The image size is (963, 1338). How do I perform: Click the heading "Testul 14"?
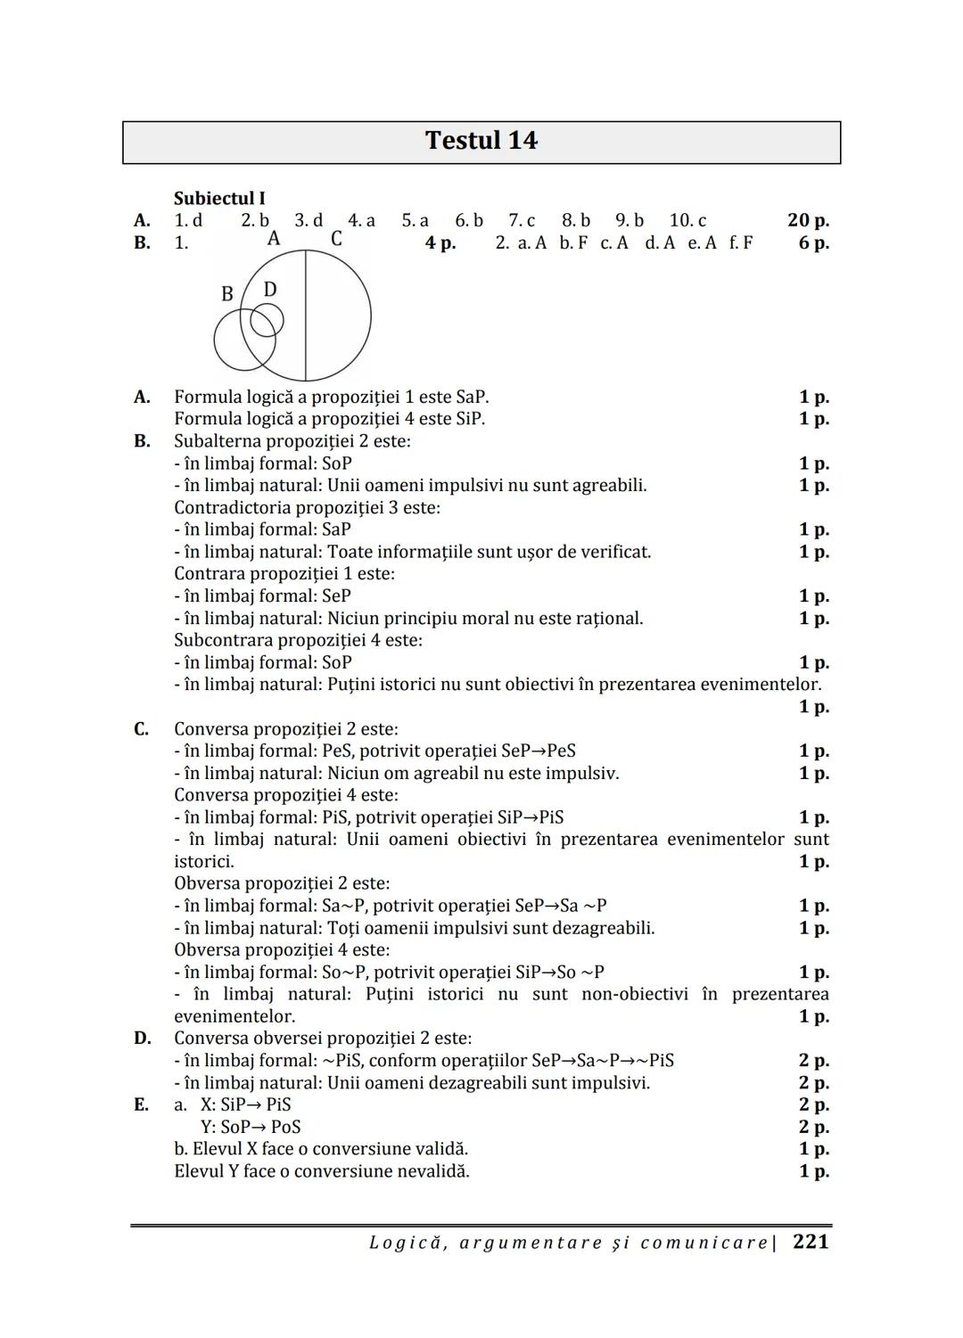tap(481, 141)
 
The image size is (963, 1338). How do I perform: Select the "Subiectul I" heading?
tap(219, 198)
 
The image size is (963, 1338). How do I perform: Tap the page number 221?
tap(811, 1242)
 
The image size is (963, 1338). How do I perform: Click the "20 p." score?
tap(808, 220)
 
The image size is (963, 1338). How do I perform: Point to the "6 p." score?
tap(813, 242)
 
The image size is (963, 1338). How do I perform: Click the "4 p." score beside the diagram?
tap(440, 242)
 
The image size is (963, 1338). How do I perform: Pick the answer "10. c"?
tap(687, 220)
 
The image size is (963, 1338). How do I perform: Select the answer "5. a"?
tap(415, 220)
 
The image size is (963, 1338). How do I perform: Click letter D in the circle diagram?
tap(270, 290)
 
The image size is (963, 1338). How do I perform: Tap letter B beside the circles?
tap(227, 294)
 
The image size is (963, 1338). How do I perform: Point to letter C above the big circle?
tap(336, 239)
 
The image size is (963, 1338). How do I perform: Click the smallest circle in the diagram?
tap(267, 320)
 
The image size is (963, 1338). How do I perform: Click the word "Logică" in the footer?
tap(404, 1243)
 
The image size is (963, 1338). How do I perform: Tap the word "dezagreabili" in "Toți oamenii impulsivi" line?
tap(597, 928)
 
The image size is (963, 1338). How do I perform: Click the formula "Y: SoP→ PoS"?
tap(251, 1127)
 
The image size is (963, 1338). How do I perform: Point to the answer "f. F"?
tap(740, 242)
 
